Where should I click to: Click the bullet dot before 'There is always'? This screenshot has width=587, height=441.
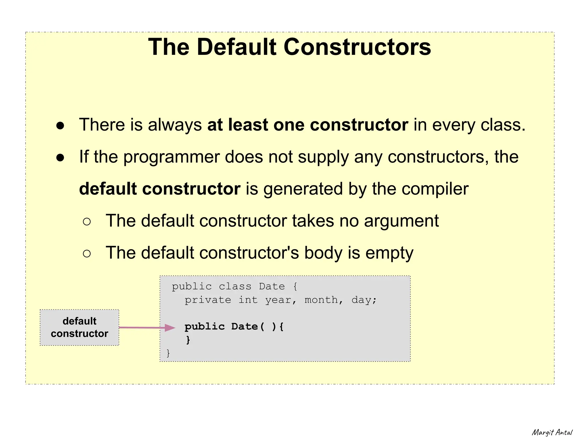click(x=60, y=126)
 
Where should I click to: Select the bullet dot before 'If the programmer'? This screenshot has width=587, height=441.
click(x=60, y=158)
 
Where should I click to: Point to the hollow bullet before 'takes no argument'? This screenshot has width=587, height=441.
click(x=87, y=222)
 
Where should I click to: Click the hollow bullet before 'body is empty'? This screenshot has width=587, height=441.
click(x=87, y=253)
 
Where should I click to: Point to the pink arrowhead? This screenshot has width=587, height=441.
click(x=170, y=328)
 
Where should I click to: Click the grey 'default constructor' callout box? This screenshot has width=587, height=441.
click(x=79, y=327)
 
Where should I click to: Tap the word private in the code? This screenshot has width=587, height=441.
click(x=208, y=300)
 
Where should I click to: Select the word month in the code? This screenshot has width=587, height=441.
click(x=321, y=300)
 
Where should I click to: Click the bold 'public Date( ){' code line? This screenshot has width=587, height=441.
click(x=234, y=327)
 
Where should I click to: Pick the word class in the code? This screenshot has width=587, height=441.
click(x=235, y=286)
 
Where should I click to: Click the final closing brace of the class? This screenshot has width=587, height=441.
click(x=168, y=353)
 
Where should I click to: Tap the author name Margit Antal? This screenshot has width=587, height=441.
click(x=552, y=432)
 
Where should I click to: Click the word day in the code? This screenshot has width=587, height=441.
click(x=361, y=300)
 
